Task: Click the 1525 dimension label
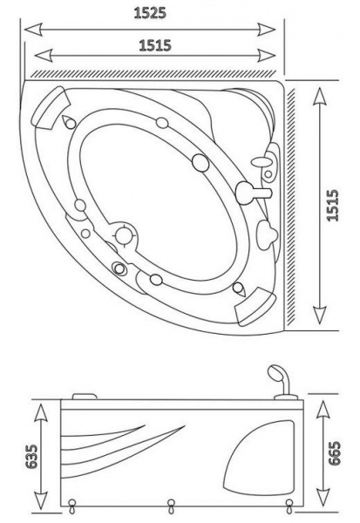pyautogui.click(x=150, y=13)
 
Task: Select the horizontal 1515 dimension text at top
pyautogui.click(x=155, y=45)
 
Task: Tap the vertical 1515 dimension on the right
pyautogui.click(x=333, y=205)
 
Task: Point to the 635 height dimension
pyautogui.click(x=32, y=456)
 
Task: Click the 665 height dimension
pyautogui.click(x=335, y=453)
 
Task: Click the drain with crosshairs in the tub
pyautogui.click(x=124, y=234)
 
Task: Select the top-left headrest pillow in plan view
pyautogui.click(x=50, y=107)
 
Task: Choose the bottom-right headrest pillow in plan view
pyautogui.click(x=255, y=305)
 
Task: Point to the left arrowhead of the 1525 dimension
pyautogui.click(x=33, y=30)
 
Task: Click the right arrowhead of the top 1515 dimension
pyautogui.click(x=266, y=55)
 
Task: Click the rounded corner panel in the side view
pyautogui.click(x=259, y=458)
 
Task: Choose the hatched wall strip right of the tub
pyautogui.click(x=291, y=206)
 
